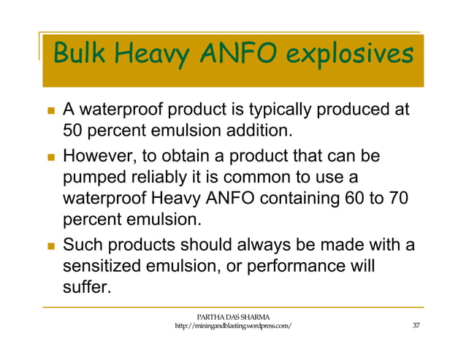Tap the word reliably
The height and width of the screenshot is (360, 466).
[175, 177]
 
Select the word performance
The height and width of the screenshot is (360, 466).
[297, 266]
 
